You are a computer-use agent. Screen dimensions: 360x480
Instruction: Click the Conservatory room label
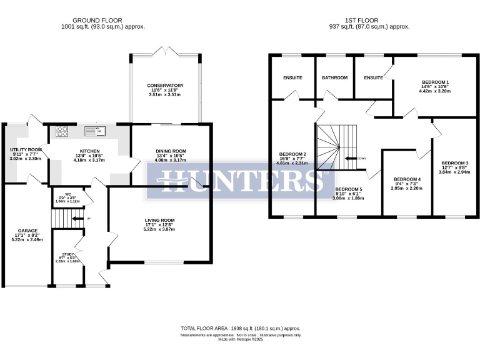tap(165, 85)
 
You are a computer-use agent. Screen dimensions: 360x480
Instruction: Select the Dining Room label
tap(171, 151)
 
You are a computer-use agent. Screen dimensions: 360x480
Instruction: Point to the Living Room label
tap(159, 220)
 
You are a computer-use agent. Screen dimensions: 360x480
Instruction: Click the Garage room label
tap(27, 230)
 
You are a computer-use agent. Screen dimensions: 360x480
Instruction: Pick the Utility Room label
tap(26, 150)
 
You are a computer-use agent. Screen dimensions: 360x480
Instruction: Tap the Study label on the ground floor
tap(68, 254)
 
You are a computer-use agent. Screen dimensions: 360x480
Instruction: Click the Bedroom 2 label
tap(292, 154)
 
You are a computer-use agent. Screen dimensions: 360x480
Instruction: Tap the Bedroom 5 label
tap(348, 189)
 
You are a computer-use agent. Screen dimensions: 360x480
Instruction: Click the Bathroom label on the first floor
tap(334, 78)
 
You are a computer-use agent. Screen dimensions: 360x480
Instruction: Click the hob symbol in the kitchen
tap(63, 131)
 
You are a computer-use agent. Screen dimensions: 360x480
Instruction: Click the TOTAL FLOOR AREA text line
tap(240, 328)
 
